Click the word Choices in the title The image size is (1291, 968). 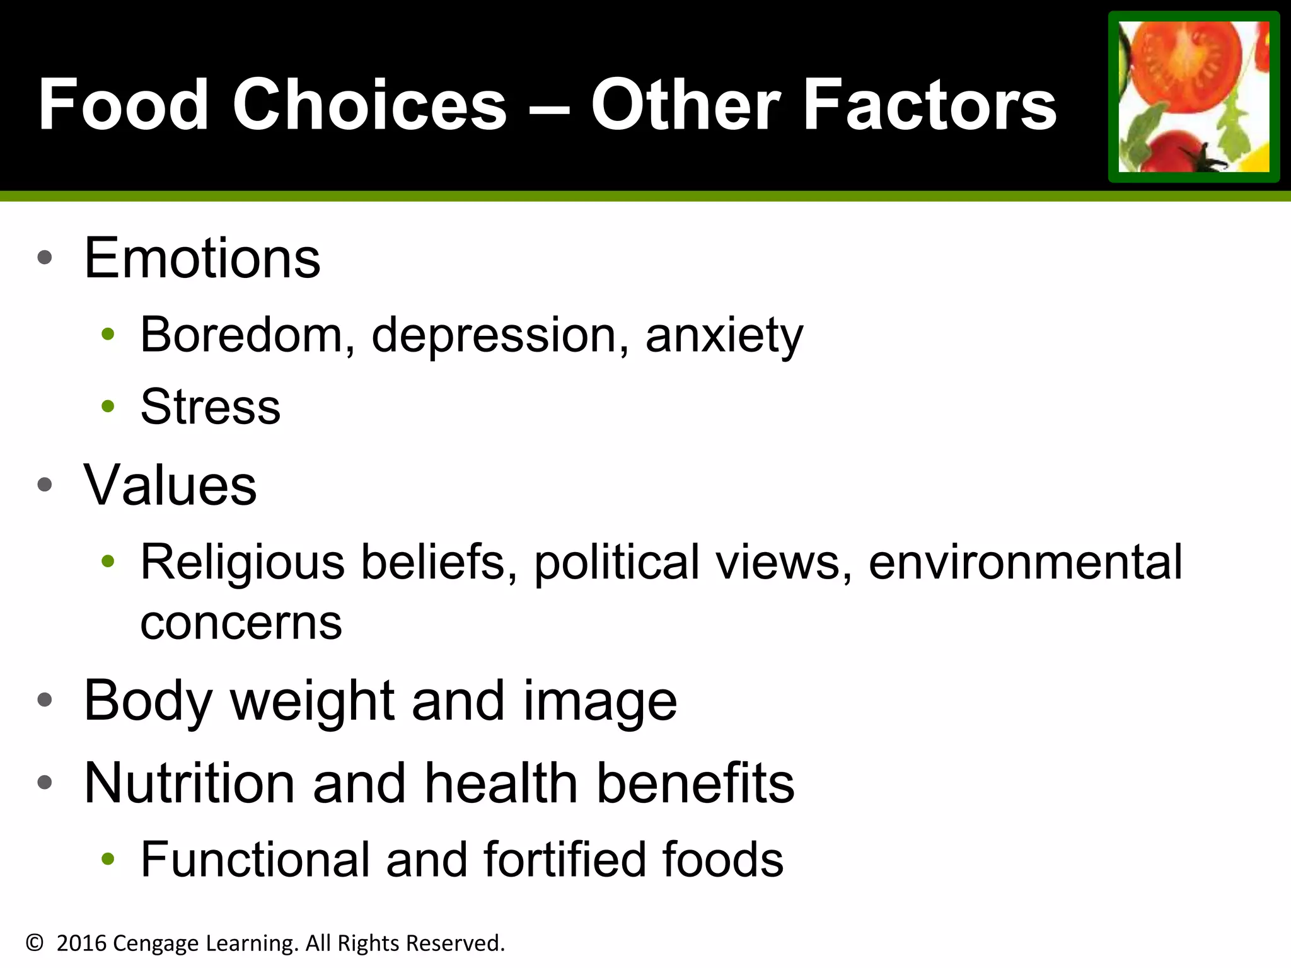[369, 105]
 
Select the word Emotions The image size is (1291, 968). [202, 258]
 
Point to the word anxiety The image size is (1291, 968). [724, 336]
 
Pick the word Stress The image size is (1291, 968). [211, 407]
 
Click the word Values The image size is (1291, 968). [170, 485]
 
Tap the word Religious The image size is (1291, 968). [243, 563]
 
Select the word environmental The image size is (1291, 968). [1026, 562]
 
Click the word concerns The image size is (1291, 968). [241, 623]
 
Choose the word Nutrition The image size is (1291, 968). [190, 783]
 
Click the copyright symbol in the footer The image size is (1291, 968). [35, 943]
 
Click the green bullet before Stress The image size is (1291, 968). [108, 406]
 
